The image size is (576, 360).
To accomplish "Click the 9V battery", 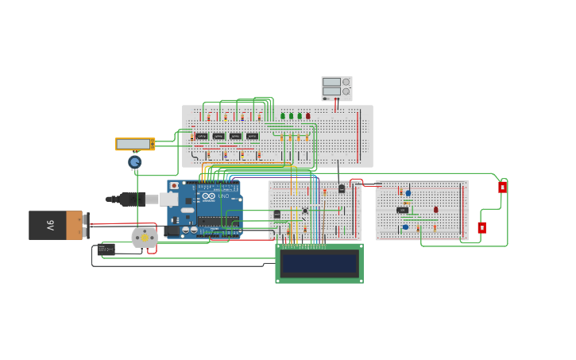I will click(56, 225).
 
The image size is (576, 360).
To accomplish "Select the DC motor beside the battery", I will click(145, 237).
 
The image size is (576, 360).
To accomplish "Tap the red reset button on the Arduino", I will click(174, 185).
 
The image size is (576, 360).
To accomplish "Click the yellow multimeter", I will click(134, 144).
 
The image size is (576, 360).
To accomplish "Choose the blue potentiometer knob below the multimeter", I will click(135, 162).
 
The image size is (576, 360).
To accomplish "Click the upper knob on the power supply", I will click(346, 82).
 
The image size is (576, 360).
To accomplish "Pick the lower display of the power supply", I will click(331, 91).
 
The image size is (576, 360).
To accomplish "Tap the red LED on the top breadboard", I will click(308, 116).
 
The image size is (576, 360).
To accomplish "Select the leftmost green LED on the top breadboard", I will click(283, 116).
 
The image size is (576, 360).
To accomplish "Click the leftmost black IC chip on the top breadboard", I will click(202, 136).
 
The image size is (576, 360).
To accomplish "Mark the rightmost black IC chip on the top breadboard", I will click(252, 136).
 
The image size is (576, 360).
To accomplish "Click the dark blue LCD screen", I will click(319, 263).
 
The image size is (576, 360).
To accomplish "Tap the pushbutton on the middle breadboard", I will click(304, 211).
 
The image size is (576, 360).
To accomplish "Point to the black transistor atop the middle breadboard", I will click(342, 188).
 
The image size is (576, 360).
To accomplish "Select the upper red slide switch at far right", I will click(502, 188).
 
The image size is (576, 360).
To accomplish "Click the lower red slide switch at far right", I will click(481, 227).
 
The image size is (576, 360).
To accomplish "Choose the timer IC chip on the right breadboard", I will click(402, 210).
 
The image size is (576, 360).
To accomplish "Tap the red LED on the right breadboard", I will click(435, 210).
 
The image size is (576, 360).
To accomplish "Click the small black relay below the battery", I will click(106, 250).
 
